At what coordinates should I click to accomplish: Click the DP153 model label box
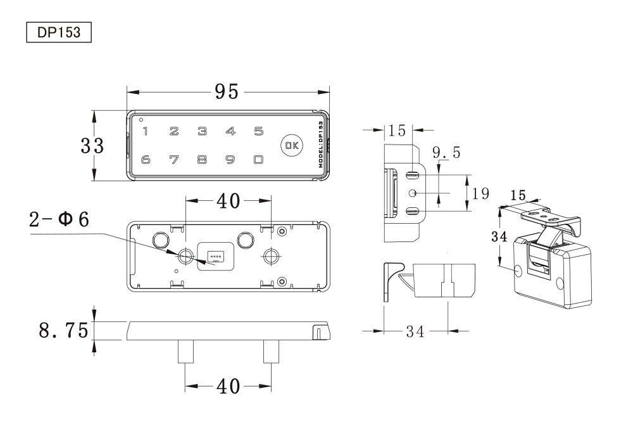pyautogui.click(x=59, y=32)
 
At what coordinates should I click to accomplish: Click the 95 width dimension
pyautogui.click(x=227, y=92)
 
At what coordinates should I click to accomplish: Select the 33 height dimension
pyautogui.click(x=92, y=146)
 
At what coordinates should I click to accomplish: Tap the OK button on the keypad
pyautogui.click(x=292, y=146)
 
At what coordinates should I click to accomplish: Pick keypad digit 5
pyautogui.click(x=259, y=131)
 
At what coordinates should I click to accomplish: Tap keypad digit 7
pyautogui.click(x=174, y=160)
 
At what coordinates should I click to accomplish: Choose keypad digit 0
pyautogui.click(x=259, y=160)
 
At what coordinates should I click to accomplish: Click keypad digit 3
pyautogui.click(x=203, y=131)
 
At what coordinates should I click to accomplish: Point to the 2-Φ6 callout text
pyautogui.click(x=59, y=219)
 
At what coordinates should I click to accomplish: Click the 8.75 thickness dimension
pyautogui.click(x=63, y=330)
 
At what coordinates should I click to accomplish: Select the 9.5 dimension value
pyautogui.click(x=446, y=152)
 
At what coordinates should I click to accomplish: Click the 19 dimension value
pyautogui.click(x=480, y=193)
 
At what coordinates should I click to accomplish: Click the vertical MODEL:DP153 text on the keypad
pyautogui.click(x=321, y=144)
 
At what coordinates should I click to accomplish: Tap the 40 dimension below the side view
pyautogui.click(x=228, y=386)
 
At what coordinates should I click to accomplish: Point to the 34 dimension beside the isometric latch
pyautogui.click(x=499, y=236)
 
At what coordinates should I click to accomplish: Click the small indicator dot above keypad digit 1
pyautogui.click(x=141, y=119)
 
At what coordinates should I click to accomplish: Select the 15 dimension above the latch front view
pyautogui.click(x=397, y=130)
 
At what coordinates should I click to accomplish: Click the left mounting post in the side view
pyautogui.click(x=185, y=351)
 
